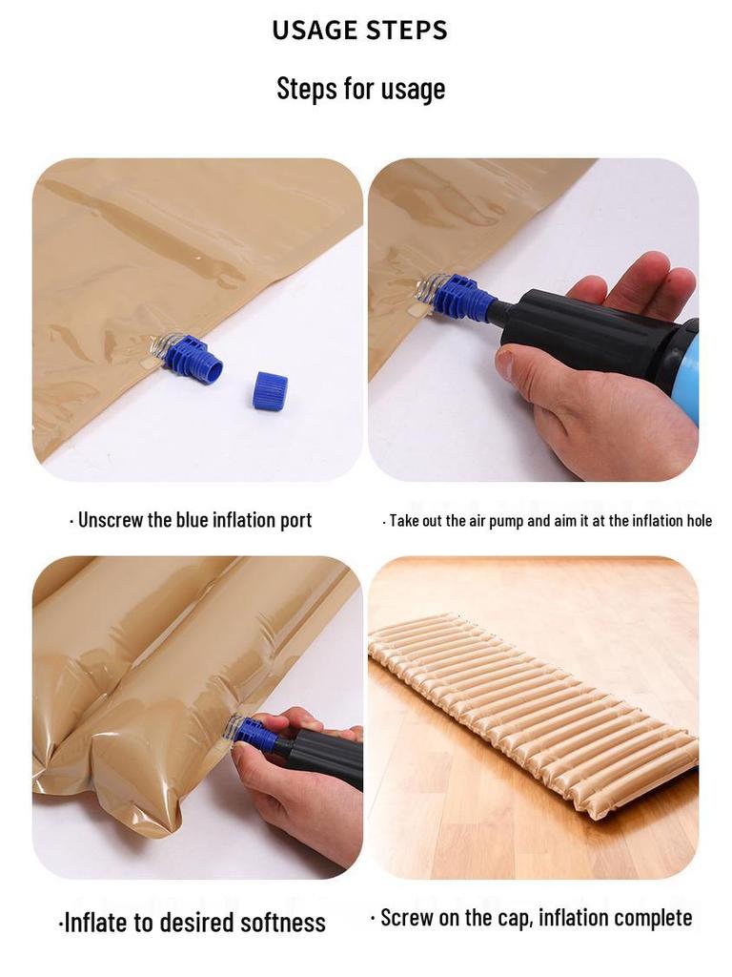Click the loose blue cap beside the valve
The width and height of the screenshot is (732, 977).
click(270, 390)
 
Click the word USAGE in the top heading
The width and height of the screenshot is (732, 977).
click(318, 31)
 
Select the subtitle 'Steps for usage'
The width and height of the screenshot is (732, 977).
click(360, 89)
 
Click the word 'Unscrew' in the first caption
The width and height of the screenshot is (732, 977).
click(109, 520)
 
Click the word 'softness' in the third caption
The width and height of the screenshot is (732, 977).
click(282, 923)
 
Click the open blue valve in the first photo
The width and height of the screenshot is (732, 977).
click(194, 358)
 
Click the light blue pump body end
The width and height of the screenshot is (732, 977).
click(688, 377)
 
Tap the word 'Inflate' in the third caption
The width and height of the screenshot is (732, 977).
click(96, 923)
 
